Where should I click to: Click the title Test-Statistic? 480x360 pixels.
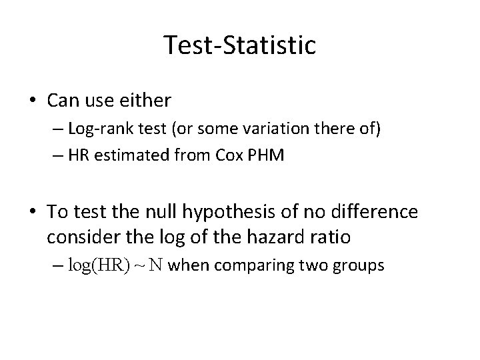pos(240,45)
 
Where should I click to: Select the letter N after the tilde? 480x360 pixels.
pos(155,265)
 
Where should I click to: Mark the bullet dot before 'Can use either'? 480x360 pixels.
pos(33,101)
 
